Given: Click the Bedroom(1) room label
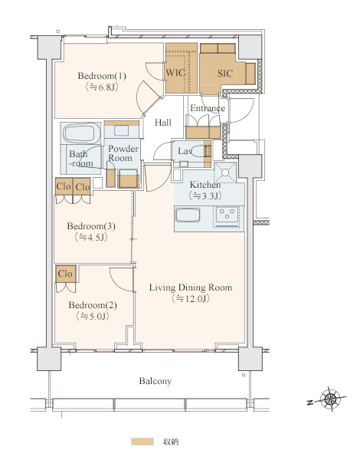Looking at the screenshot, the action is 102,76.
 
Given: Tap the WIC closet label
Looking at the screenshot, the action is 175,73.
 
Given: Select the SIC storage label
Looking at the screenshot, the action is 225,74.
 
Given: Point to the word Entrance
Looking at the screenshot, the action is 208,108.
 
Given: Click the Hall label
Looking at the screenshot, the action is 163,123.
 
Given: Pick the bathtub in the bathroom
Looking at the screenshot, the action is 81,133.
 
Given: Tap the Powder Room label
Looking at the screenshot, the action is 123,153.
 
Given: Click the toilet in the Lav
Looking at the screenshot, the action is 200,151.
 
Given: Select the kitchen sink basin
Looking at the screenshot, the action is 188,215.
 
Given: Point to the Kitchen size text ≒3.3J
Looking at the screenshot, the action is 205,195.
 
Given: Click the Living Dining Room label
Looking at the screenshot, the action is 191,287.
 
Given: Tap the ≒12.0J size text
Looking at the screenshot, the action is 191,299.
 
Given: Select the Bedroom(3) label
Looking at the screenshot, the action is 91,226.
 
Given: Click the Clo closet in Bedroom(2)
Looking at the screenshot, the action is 65,274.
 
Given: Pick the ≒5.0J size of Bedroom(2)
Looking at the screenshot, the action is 92,316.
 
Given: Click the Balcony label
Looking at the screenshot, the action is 155,381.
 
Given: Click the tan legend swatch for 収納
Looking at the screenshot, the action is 142,442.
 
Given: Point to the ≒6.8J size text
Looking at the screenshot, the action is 102,87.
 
